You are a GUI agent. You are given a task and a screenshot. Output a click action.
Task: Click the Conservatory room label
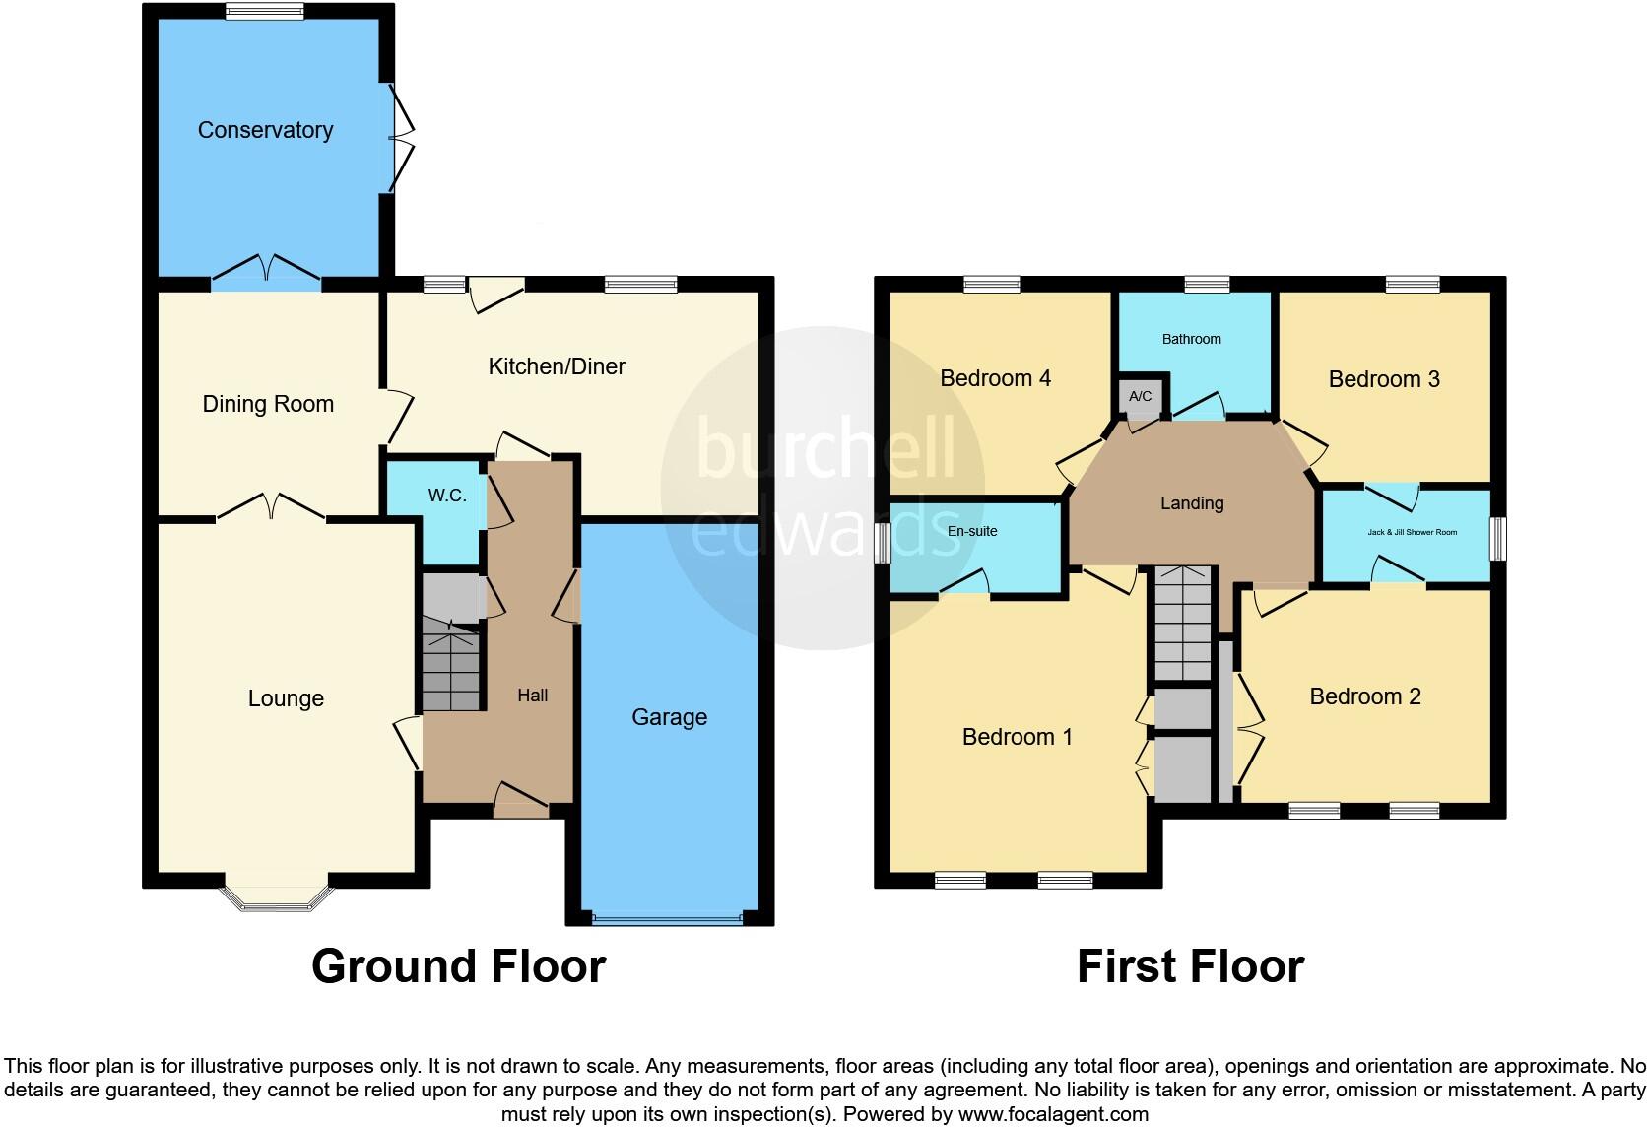(x=265, y=130)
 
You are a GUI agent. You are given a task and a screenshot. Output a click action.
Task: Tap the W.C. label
(x=447, y=496)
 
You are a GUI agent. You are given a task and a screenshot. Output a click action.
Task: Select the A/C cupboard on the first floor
(x=1140, y=397)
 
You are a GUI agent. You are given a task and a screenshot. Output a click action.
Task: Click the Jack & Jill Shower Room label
(x=1412, y=532)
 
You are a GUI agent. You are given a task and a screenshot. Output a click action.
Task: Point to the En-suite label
(x=972, y=531)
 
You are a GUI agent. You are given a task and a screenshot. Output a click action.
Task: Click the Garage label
(x=669, y=717)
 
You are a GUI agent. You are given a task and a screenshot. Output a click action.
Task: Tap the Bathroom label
(x=1191, y=339)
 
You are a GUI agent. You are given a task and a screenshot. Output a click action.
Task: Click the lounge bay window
(x=277, y=897)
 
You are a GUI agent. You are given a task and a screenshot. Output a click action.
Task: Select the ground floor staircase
(x=451, y=670)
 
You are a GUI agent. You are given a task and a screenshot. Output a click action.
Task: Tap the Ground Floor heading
(x=458, y=966)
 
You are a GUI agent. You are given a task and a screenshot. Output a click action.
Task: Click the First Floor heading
(x=1190, y=966)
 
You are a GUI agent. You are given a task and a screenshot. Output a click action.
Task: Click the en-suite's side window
(x=883, y=542)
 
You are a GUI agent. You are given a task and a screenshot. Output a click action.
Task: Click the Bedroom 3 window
(x=1413, y=285)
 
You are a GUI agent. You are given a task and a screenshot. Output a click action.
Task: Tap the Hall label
(x=532, y=696)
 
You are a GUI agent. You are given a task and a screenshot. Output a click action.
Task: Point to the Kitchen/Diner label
(x=557, y=366)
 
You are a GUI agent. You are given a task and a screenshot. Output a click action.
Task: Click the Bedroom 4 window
(x=991, y=285)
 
